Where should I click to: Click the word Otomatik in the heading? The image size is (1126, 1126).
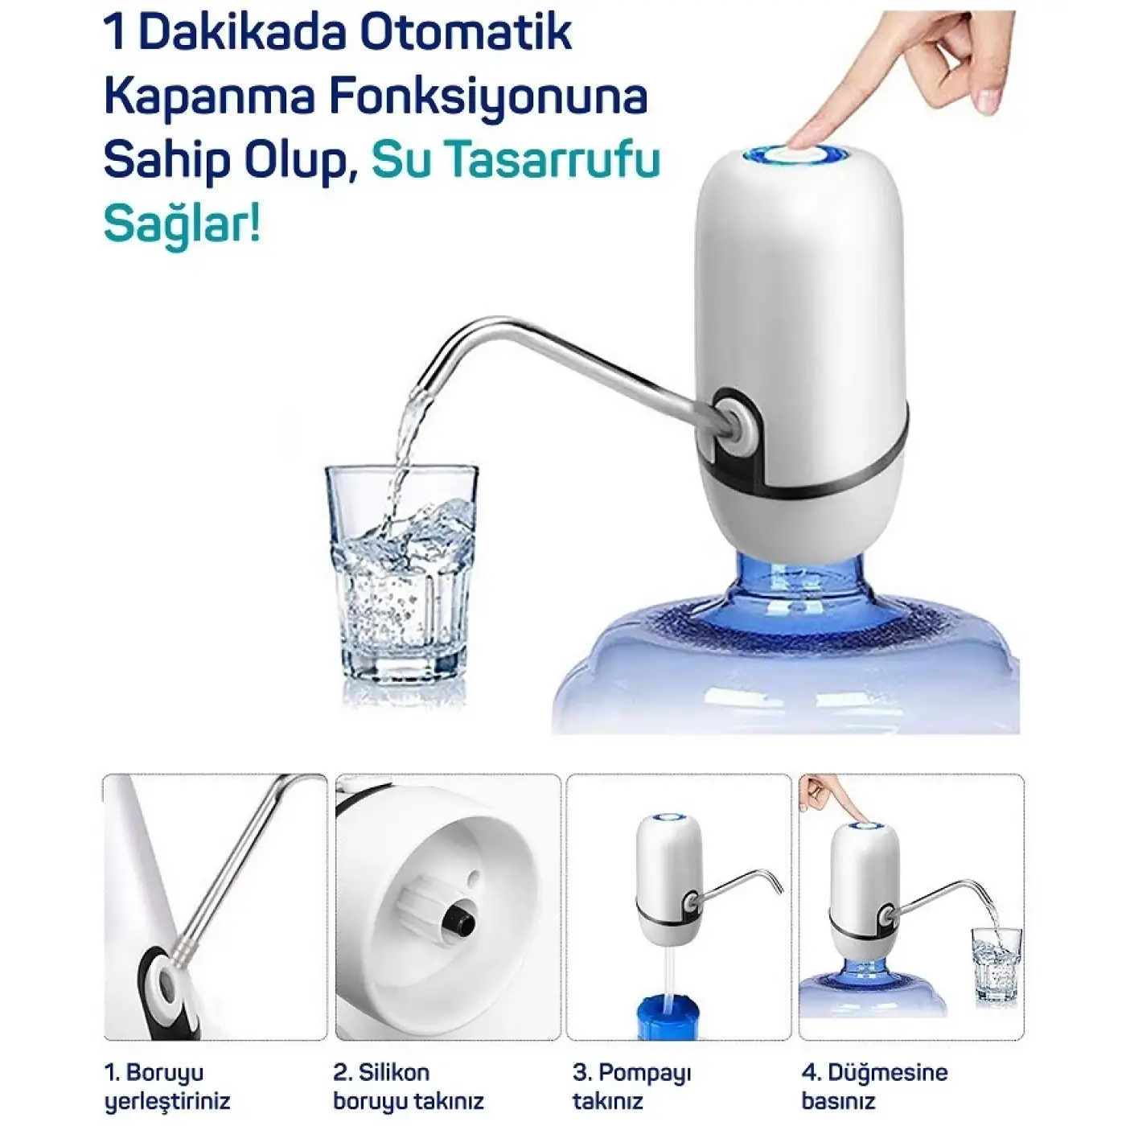coord(465,33)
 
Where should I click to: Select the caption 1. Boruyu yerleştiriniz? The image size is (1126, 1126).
coord(167,1086)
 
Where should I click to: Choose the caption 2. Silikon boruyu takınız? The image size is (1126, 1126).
coord(409,1086)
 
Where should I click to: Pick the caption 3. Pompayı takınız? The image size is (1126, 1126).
coord(632,1086)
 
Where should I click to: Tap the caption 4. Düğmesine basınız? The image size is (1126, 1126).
coord(874,1086)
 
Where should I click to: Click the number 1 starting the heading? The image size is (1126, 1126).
coord(114,33)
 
